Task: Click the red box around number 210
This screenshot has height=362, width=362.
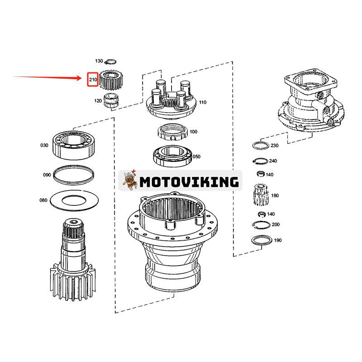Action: tap(93, 80)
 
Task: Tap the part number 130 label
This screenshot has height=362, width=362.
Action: tap(99, 61)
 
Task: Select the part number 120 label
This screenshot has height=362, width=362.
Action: tap(98, 100)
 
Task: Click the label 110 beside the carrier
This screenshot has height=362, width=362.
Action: tap(202, 102)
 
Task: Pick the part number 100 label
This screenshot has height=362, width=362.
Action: tap(193, 132)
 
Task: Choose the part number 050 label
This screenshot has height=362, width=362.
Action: tap(196, 157)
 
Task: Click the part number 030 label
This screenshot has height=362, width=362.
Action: tap(44, 145)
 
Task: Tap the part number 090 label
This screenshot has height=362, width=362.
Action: tap(47, 175)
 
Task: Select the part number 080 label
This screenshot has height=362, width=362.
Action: tap(43, 199)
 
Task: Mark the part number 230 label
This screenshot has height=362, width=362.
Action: tap(275, 145)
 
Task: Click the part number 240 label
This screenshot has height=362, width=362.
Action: tap(273, 161)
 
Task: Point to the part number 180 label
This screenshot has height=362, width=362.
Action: tap(275, 195)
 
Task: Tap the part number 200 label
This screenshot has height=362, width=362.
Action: tap(276, 224)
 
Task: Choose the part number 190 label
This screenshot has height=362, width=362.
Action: tap(278, 240)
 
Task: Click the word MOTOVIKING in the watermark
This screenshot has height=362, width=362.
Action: tap(189, 182)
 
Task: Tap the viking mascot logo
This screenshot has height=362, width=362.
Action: tap(130, 181)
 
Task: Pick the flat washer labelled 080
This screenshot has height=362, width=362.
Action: tap(73, 199)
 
